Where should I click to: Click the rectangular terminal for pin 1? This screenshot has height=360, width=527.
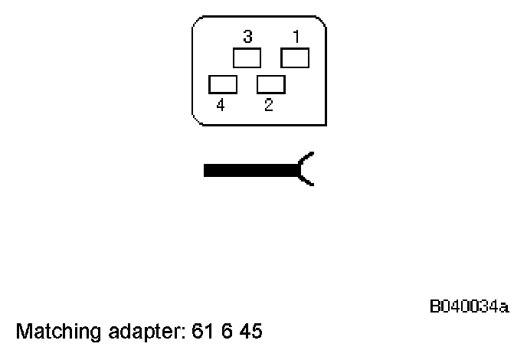[x=295, y=58]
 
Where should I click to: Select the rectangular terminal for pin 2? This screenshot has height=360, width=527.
[x=271, y=83]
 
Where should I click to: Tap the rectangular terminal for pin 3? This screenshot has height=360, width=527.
[x=247, y=58]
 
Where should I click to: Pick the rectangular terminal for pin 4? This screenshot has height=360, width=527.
[x=223, y=83]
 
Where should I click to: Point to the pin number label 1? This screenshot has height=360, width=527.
[x=296, y=37]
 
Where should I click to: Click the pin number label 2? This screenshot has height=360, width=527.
[x=269, y=106]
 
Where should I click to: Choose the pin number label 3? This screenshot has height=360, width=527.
[x=248, y=37]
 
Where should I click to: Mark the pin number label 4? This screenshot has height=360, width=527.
[x=221, y=106]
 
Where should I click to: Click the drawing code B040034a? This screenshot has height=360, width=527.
[x=469, y=308]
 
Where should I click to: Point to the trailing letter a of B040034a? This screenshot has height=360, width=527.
[x=505, y=309]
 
